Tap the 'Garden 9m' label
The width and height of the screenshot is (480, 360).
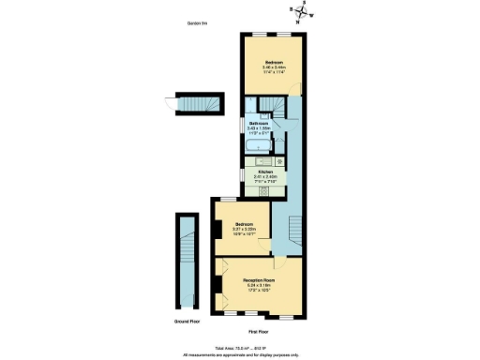(196, 24)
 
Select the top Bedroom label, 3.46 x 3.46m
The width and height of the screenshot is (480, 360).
(274, 66)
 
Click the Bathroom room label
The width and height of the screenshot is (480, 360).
(259, 127)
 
